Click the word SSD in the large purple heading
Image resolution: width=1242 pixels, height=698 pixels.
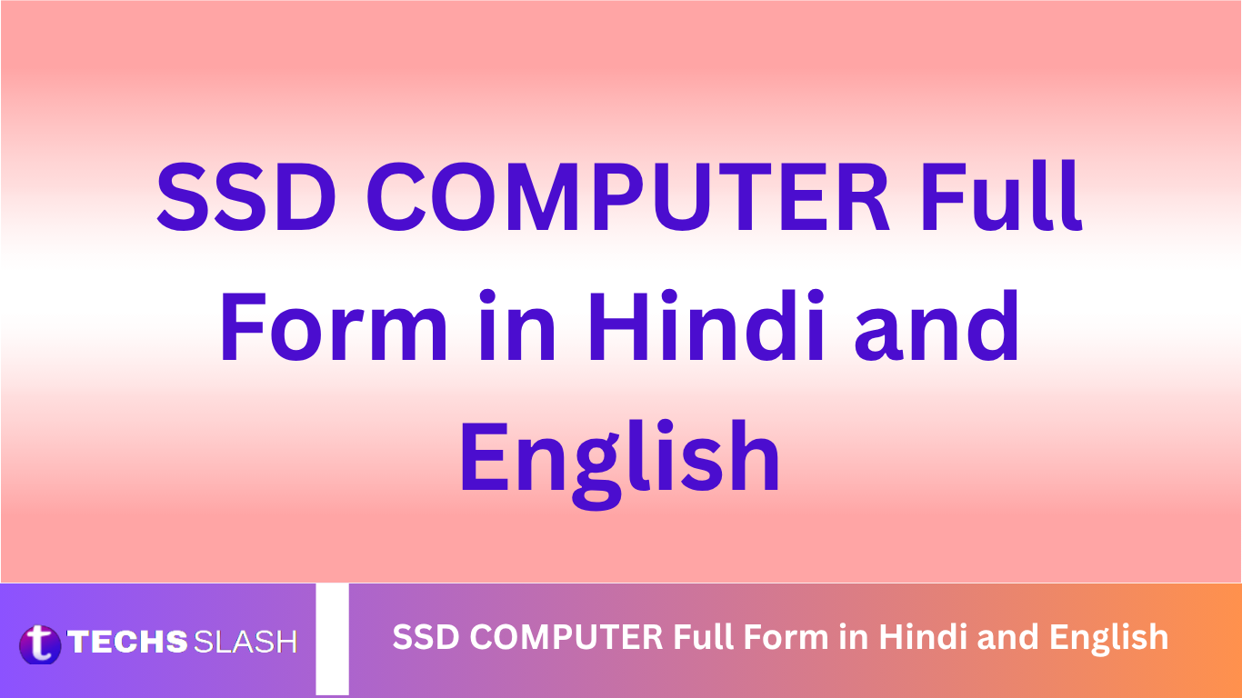(246, 197)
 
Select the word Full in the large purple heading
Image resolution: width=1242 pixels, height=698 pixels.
(1001, 194)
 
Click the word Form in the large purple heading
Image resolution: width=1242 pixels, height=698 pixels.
(334, 326)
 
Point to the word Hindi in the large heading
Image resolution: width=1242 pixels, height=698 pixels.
(707, 324)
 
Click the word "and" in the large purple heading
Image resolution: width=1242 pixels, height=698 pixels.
(937, 324)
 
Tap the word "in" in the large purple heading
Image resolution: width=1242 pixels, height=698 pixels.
(516, 324)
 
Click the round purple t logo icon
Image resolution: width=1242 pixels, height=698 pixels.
(40, 644)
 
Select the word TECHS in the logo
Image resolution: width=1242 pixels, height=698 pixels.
(127, 642)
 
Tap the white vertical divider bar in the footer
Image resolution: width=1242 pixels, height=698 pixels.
(332, 639)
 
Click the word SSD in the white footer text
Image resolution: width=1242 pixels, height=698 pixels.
(426, 636)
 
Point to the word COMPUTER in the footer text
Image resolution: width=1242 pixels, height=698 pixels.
(566, 636)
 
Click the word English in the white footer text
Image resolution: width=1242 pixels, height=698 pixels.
(1109, 639)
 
